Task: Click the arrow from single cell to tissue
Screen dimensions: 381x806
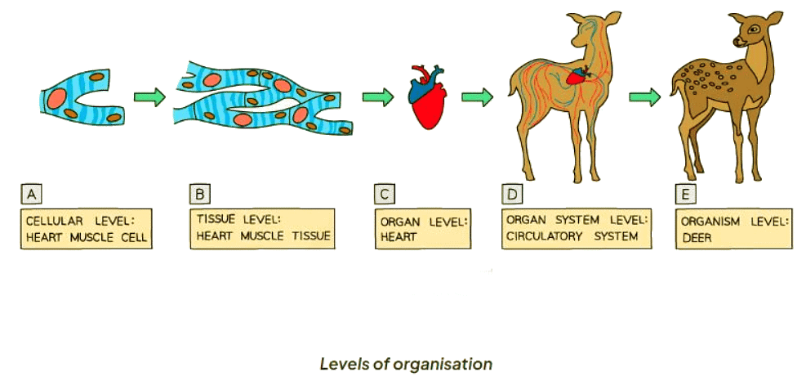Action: click(149, 96)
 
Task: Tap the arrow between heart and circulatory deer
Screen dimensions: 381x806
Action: click(477, 96)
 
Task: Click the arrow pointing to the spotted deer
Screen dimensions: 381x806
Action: click(644, 96)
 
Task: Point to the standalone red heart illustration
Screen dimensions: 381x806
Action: click(427, 99)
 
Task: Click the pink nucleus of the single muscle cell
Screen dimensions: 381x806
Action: click(60, 97)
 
